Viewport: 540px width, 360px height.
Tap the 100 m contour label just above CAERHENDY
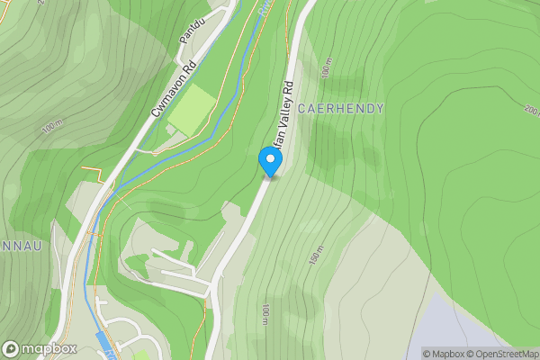324,68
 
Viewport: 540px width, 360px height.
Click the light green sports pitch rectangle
192,111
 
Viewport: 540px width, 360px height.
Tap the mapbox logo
40,348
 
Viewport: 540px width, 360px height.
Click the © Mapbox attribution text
446,354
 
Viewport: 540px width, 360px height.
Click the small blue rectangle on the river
104,341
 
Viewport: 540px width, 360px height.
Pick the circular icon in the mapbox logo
11,348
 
